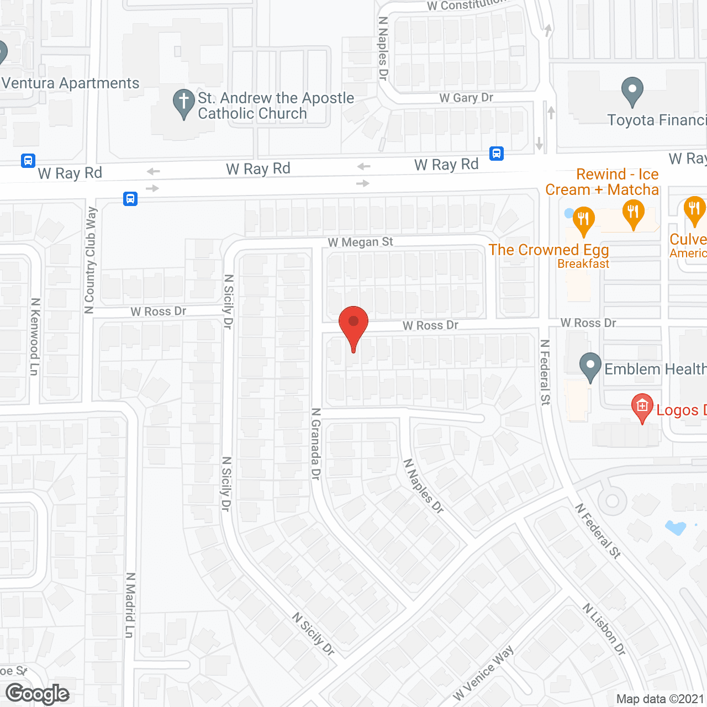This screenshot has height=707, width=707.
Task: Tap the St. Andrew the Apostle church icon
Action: pyautogui.click(x=183, y=103)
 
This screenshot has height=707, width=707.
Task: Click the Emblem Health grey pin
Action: pyautogui.click(x=590, y=366)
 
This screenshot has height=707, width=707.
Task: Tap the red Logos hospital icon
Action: pyautogui.click(x=642, y=408)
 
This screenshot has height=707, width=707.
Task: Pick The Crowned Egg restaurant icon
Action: pyautogui.click(x=583, y=219)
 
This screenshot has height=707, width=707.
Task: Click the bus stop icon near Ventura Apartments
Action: pyautogui.click(x=28, y=161)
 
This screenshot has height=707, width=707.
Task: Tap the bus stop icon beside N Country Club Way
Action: pyautogui.click(x=130, y=198)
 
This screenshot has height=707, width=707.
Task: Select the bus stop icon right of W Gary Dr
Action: pyautogui.click(x=497, y=154)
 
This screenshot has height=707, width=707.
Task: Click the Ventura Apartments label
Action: pyautogui.click(x=71, y=83)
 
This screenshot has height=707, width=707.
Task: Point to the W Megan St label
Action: pyautogui.click(x=360, y=242)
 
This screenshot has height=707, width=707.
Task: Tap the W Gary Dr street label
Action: pyautogui.click(x=466, y=98)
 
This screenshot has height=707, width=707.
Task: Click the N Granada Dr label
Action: pyautogui.click(x=315, y=444)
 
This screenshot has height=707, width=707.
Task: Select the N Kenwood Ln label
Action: pyautogui.click(x=35, y=337)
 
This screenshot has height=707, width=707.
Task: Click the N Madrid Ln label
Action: pyautogui.click(x=130, y=605)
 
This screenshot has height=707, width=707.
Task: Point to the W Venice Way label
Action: pyautogui.click(x=483, y=673)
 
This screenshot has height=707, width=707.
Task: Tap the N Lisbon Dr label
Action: pyautogui.click(x=604, y=630)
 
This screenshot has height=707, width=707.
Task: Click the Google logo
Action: pyautogui.click(x=38, y=694)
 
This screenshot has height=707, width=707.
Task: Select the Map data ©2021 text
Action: pyautogui.click(x=660, y=699)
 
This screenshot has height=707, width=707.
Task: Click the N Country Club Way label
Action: pyautogui.click(x=91, y=260)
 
